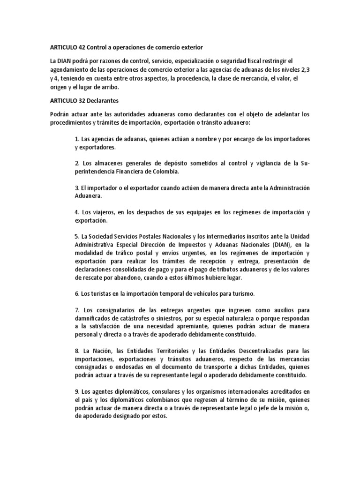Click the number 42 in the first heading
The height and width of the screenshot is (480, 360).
[81, 47]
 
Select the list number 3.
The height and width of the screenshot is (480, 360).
[76, 188]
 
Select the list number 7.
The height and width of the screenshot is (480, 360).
[76, 310]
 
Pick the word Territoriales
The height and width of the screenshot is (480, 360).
[177, 351]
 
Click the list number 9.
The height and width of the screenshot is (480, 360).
[76, 392]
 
